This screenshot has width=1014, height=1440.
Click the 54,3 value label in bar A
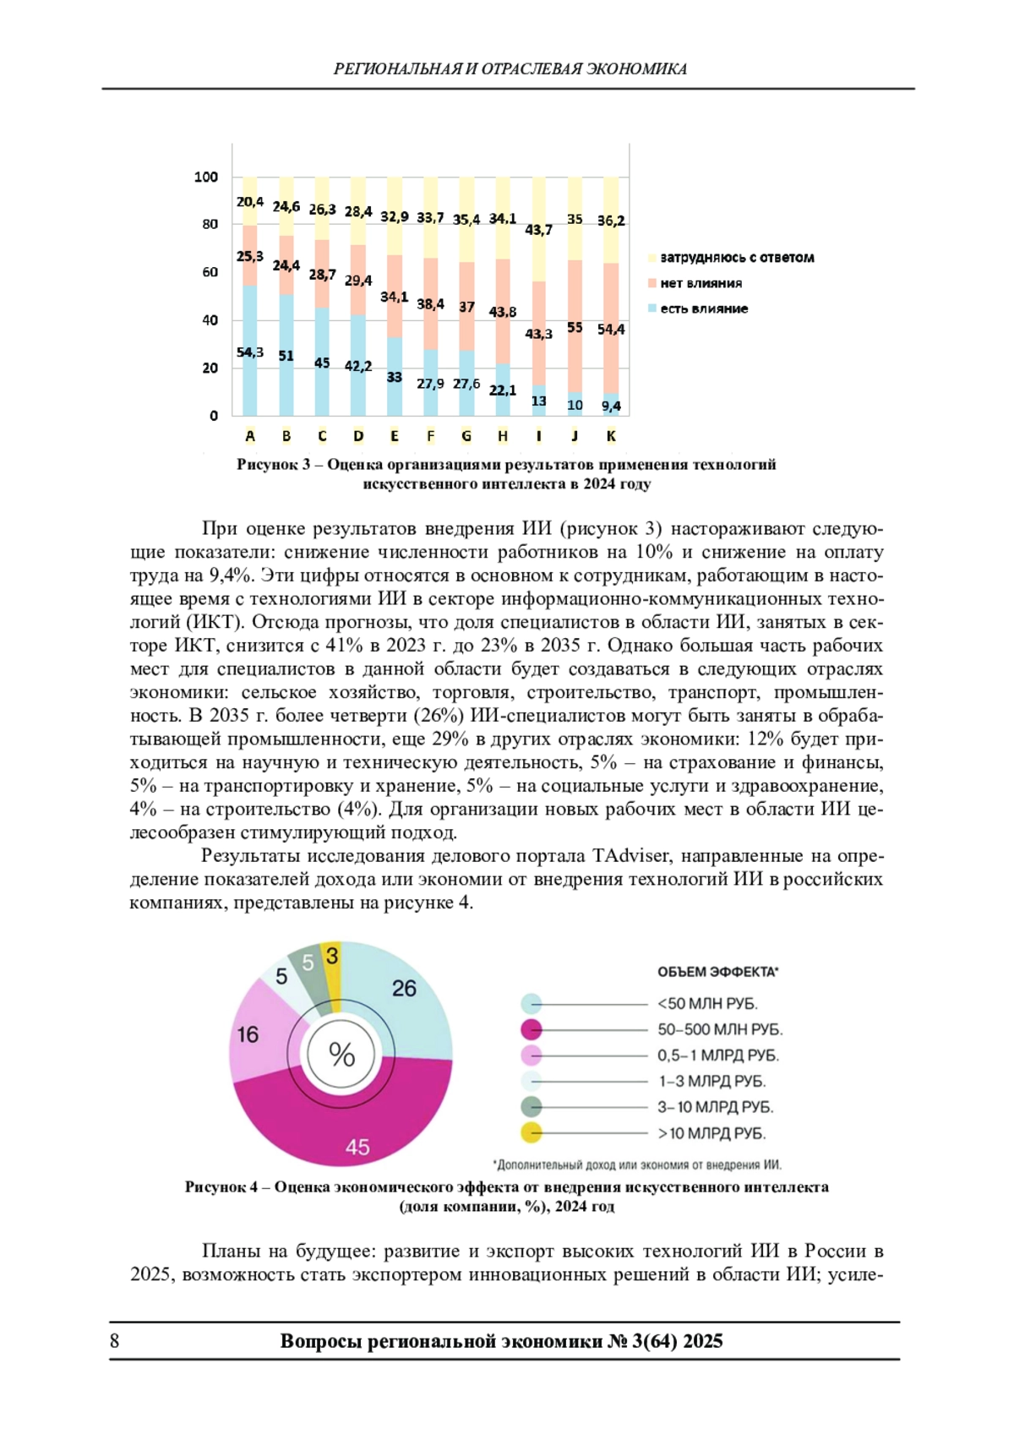250,352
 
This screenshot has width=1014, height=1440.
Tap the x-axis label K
611,436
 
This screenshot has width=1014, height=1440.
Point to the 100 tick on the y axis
206,177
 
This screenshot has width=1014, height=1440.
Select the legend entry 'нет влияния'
701,283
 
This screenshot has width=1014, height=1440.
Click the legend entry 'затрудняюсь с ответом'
736,258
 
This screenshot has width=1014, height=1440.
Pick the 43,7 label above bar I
538,230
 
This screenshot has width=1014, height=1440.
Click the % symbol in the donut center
341,1055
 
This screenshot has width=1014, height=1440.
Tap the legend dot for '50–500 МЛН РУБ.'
532,1029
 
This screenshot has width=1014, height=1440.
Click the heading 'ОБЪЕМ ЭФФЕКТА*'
717,972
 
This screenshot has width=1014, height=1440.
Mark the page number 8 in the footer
115,1341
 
